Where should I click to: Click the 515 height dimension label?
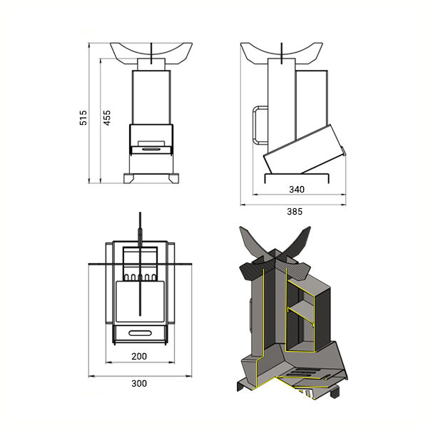tap(83, 118)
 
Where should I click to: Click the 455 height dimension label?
tap(107, 118)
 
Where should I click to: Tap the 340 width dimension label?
tap(297, 190)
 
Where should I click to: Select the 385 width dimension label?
tap(295, 212)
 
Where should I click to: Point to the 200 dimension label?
tap(139, 356)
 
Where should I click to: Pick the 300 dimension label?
tap(139, 384)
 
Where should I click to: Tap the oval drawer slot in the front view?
tap(151, 149)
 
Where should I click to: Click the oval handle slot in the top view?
tap(140, 333)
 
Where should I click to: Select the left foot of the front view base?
tap(129, 178)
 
